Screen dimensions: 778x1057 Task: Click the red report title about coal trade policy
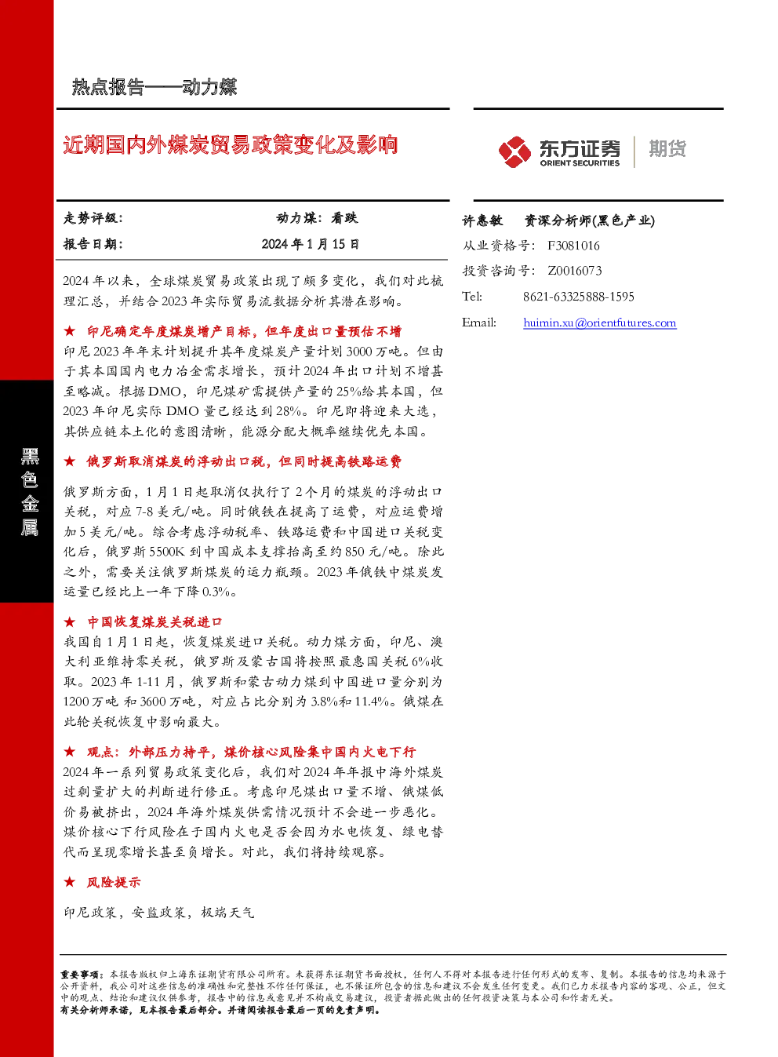[230, 144]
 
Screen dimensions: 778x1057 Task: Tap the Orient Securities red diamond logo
[514, 151]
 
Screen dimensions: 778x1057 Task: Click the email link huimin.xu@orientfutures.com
[600, 323]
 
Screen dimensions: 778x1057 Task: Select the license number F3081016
[573, 246]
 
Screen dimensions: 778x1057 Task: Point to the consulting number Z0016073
[574, 271]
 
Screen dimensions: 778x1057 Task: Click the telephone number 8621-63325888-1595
[579, 297]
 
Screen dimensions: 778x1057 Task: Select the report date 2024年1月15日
[311, 244]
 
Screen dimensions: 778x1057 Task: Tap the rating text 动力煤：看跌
[317, 218]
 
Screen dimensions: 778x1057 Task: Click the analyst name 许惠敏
[482, 221]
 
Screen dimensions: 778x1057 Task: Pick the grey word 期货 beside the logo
[667, 148]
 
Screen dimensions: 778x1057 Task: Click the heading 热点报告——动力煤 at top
[155, 87]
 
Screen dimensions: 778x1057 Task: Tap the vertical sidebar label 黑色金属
[30, 491]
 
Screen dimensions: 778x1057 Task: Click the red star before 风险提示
[69, 881]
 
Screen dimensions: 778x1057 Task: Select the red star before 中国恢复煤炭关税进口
[69, 621]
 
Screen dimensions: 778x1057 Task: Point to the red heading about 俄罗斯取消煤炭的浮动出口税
[244, 461]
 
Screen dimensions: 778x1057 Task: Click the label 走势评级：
[93, 218]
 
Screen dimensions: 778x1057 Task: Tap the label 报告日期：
[93, 244]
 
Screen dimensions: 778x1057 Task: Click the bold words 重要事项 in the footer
[80, 974]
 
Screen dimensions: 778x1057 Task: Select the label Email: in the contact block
[479, 323]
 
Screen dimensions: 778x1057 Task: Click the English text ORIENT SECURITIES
[580, 163]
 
